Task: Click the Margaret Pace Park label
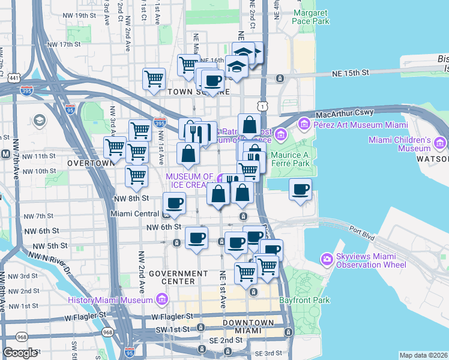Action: coord(311,16)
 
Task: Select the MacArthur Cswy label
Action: coord(349,112)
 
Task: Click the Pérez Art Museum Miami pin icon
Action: coord(304,124)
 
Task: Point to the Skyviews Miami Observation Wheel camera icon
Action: coord(327,259)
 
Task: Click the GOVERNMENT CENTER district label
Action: coord(171,277)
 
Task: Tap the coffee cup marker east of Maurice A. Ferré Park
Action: coord(301,189)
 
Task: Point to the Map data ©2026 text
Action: coord(423,355)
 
